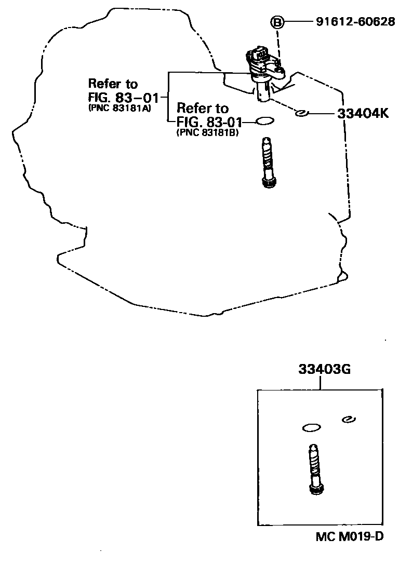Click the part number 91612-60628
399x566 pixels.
(355, 23)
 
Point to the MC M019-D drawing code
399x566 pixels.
(350, 536)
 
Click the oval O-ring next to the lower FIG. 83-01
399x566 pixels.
(265, 121)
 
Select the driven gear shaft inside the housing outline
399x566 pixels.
(268, 161)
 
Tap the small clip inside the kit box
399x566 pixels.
(348, 419)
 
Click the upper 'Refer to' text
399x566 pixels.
(113, 84)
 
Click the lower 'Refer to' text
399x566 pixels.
(202, 109)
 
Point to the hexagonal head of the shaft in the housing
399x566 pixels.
(268, 181)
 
